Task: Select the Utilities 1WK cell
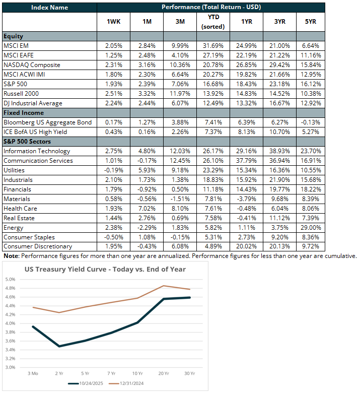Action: pyautogui.click(x=113, y=170)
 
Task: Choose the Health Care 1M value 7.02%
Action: pyautogui.click(x=146, y=209)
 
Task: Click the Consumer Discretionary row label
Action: pyautogui.click(x=38, y=247)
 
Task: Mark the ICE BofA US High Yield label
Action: pyautogui.click(x=36, y=132)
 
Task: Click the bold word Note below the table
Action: pyautogui.click(x=11, y=256)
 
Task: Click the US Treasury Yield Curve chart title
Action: pyautogui.click(x=105, y=269)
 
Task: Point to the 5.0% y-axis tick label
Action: pyautogui.click(x=10, y=279)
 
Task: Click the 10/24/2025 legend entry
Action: pyautogui.click(x=91, y=383)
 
